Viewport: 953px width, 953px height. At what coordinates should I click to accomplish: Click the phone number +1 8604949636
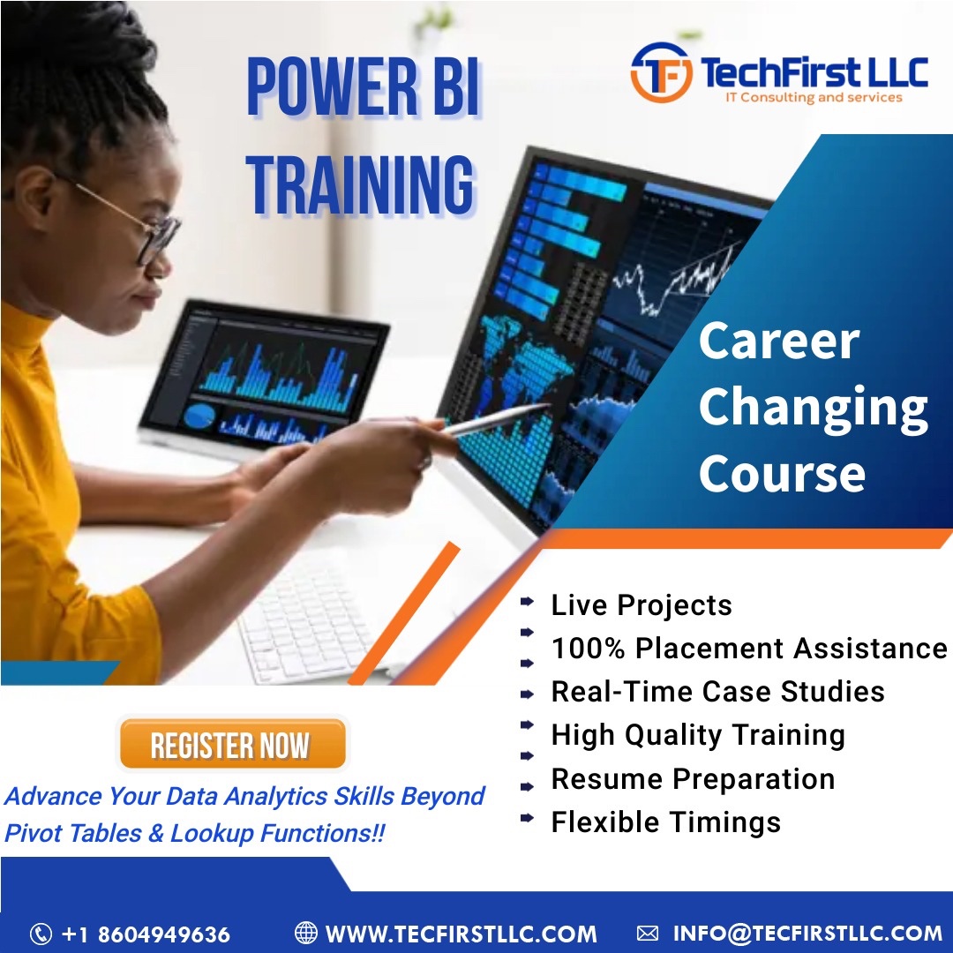[146, 934]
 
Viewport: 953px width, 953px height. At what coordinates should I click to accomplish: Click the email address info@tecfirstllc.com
[807, 933]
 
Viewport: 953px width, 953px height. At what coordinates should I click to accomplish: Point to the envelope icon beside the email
[648, 933]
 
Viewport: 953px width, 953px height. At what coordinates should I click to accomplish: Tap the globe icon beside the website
[305, 933]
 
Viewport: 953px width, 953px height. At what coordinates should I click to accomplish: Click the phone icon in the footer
[41, 934]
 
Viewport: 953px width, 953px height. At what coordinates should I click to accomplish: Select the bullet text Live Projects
[641, 605]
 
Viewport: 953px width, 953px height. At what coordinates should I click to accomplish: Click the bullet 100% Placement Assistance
[748, 648]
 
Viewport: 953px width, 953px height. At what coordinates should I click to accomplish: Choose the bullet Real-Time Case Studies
[717, 691]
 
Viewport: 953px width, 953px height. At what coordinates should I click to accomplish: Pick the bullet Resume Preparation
[693, 779]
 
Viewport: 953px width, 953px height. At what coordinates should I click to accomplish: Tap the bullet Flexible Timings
[665, 822]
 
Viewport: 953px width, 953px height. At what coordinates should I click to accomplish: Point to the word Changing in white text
[813, 407]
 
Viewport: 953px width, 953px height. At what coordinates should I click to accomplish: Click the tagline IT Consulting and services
[813, 97]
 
